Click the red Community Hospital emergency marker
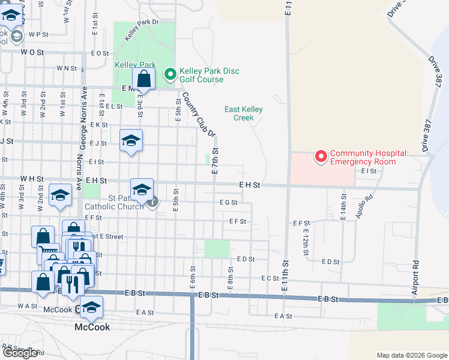coord(321,157)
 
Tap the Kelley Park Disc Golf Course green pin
coord(170,74)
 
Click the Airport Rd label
coord(414,277)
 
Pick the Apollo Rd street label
coord(364,206)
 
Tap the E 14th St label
coord(343,207)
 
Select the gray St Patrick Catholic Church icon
coord(153,201)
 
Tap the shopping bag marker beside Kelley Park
coord(144,79)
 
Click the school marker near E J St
coord(131,141)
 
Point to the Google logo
coord(20,353)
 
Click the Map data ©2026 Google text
coord(411,355)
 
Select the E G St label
coord(229,203)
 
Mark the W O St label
coord(32,53)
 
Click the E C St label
coord(270,278)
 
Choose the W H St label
coord(32,179)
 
